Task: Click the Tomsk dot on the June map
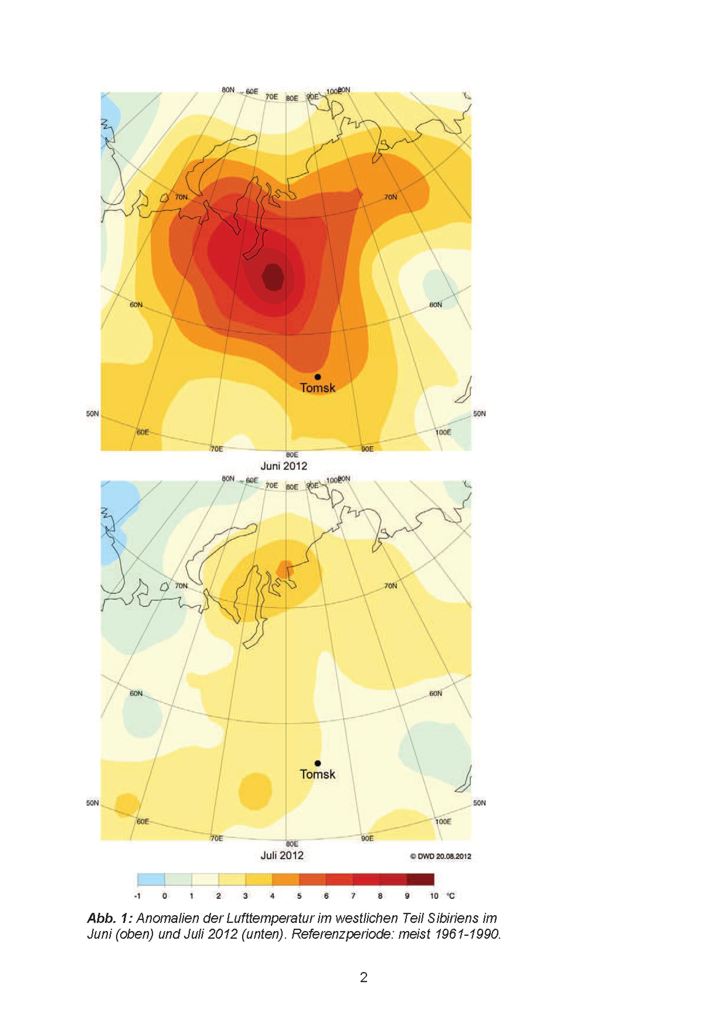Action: point(318,377)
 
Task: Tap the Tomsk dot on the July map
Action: point(318,763)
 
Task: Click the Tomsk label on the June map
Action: point(318,388)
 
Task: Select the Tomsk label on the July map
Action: point(318,774)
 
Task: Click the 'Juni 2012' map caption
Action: point(284,466)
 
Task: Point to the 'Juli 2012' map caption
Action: point(282,856)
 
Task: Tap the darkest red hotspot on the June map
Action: point(273,277)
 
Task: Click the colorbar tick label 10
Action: point(434,896)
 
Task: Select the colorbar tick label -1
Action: point(137,896)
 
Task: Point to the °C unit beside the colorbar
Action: point(451,896)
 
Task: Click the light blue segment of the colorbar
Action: point(151,879)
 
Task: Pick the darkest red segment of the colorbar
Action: point(421,879)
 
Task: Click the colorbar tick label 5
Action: point(299,896)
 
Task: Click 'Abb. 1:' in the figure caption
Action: point(110,918)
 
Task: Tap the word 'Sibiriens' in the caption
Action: point(453,918)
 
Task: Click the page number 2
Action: point(364,977)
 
